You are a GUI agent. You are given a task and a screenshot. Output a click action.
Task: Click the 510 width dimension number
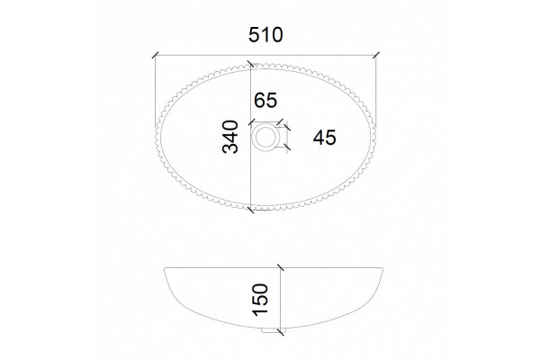(265, 35)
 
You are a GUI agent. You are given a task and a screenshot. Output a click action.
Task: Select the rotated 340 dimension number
(230, 137)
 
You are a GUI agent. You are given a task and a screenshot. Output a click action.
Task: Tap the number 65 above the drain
(265, 100)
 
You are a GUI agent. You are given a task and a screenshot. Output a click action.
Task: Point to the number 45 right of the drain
(324, 138)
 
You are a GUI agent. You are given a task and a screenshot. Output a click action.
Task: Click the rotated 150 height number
(260, 300)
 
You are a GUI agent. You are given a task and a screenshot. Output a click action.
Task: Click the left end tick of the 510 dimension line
(155, 55)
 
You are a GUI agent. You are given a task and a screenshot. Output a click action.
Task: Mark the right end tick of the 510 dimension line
(376, 55)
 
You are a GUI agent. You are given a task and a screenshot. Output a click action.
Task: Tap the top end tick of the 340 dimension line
(250, 65)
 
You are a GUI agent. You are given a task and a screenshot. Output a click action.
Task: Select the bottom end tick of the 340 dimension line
(250, 210)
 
